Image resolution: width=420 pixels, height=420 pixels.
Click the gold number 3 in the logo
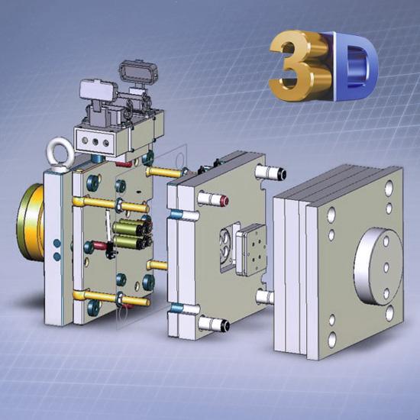coord(300,66)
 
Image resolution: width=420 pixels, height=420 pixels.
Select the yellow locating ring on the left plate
coord(30,222)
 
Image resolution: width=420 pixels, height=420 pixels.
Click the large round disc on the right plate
coord(378,267)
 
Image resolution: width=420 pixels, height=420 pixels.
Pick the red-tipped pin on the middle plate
coord(213,199)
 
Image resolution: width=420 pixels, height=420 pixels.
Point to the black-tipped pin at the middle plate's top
coord(270,173)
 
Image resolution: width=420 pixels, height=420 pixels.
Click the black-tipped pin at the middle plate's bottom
coord(214,324)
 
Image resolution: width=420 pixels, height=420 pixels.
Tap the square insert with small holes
coord(252,250)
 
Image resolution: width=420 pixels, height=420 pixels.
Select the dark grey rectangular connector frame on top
coord(138,71)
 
